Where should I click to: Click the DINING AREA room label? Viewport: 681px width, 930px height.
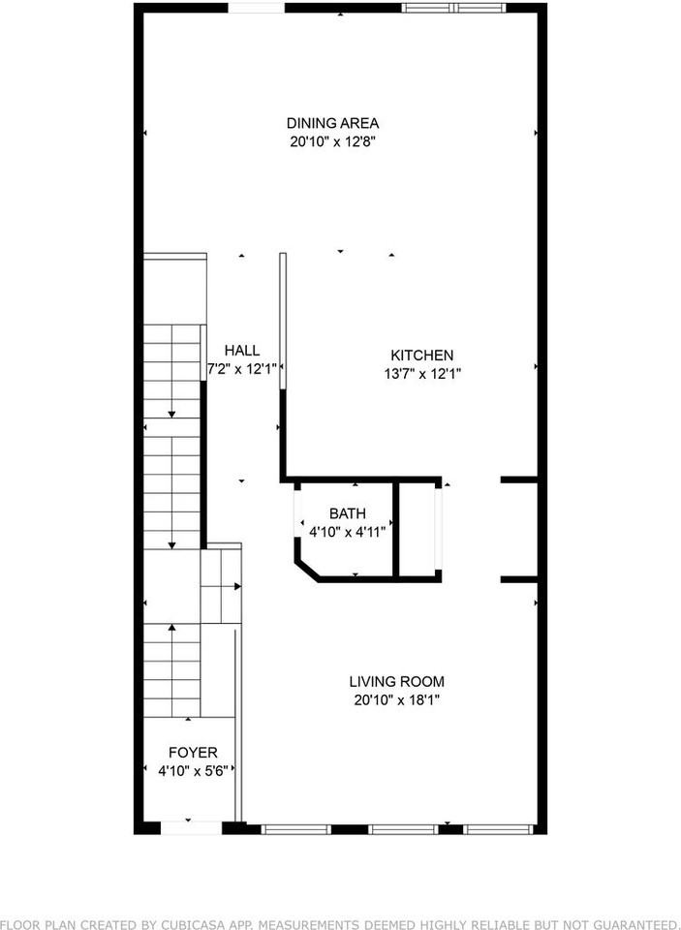click(332, 123)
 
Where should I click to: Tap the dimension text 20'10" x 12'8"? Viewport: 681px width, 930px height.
click(332, 141)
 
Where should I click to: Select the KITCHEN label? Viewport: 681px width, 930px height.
click(421, 356)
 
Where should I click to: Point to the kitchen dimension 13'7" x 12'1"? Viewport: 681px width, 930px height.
click(421, 374)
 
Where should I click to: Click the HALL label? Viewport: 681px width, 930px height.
click(241, 350)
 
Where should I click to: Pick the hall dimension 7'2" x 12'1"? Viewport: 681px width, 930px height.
click(242, 368)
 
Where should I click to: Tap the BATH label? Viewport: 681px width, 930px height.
click(347, 513)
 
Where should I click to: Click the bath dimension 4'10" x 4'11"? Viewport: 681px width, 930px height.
click(347, 532)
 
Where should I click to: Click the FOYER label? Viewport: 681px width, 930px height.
click(193, 752)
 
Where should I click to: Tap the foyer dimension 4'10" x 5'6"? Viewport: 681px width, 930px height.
click(193, 771)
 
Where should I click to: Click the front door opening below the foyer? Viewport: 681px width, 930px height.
click(191, 828)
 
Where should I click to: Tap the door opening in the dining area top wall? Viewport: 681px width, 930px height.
click(257, 9)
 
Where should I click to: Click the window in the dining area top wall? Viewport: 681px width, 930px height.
click(454, 9)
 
